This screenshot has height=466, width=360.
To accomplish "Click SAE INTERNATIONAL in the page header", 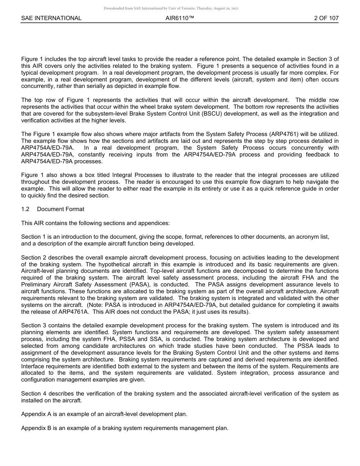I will click(x=51, y=18).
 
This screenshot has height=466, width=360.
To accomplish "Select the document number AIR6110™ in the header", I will click(x=180, y=18).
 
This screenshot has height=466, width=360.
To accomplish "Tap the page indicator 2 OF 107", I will click(x=326, y=18).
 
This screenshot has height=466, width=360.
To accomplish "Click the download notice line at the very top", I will click(x=171, y=8).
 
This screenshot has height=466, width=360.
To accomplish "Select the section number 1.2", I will click(x=25, y=209).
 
